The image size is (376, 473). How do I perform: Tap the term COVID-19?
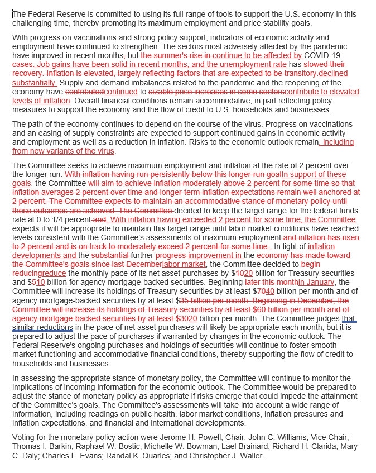325,56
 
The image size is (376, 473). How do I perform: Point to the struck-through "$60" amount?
233,308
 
